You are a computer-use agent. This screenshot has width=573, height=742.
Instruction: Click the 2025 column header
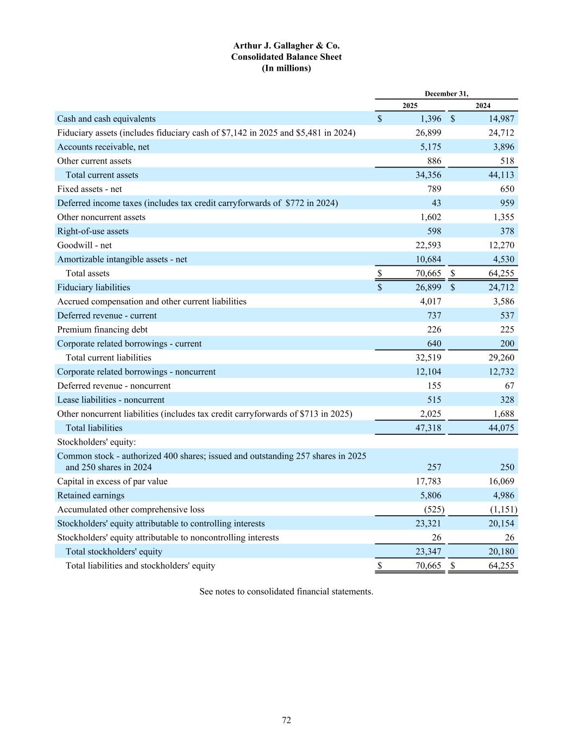coord(410,105)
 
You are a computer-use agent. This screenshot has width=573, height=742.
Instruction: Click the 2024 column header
coord(483,105)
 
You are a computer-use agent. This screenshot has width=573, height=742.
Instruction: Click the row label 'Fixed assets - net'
coord(90,189)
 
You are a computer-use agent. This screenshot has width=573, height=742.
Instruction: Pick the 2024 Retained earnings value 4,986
coord(501,495)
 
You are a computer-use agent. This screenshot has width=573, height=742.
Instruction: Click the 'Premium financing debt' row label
coord(102,329)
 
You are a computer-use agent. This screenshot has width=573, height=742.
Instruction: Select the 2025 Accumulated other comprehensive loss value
coord(434,509)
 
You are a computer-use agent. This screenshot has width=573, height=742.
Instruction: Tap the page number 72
coord(286,720)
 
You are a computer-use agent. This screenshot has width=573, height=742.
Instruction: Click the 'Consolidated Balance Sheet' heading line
coord(286,57)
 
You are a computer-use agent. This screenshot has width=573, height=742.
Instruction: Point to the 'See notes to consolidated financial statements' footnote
coord(286,591)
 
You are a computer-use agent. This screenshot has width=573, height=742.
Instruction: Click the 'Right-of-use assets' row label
coord(93,231)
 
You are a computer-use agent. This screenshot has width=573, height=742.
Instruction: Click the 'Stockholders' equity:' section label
coord(96,442)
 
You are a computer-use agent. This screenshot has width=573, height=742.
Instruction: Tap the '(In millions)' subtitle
coord(286,68)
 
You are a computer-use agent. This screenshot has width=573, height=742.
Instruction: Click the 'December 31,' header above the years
coord(446,93)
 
